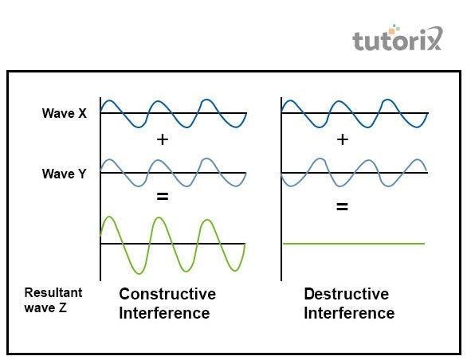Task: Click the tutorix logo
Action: tap(398, 39)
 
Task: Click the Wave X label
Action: tap(65, 113)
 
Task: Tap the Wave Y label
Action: tap(65, 174)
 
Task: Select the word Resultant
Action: tap(53, 293)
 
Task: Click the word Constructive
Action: tap(167, 294)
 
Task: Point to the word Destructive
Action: tap(347, 294)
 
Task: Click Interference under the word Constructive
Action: tap(164, 313)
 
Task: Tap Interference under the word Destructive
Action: tap(349, 313)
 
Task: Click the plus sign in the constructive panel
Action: tap(163, 139)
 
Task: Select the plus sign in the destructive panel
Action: tap(343, 139)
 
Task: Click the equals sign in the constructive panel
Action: tap(163, 196)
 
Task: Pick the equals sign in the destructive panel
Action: tap(342, 206)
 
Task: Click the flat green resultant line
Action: tap(354, 244)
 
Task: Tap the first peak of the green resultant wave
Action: tap(109, 217)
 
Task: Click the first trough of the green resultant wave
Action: tap(139, 272)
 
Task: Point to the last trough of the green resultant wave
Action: tap(235, 270)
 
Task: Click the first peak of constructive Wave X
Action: tap(109, 101)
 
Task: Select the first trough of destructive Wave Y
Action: tap(290, 186)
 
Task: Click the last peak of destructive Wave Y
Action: tap(418, 160)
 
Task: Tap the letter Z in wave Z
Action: tap(62, 307)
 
